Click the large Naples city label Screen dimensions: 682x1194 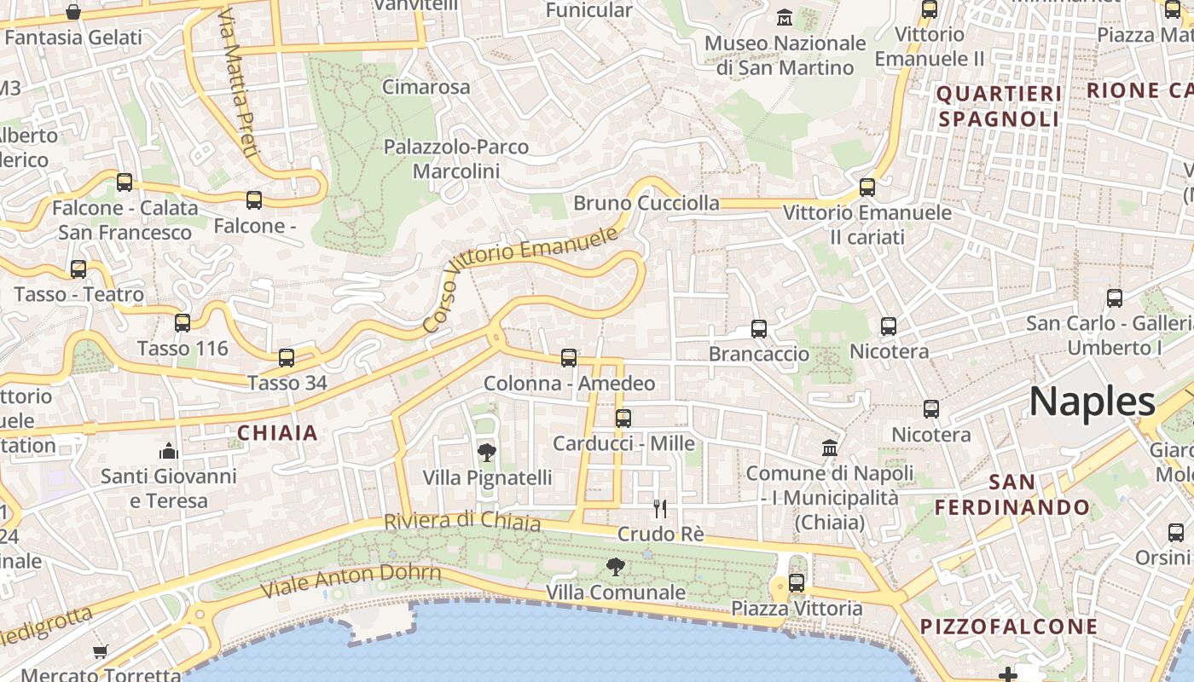(1092, 402)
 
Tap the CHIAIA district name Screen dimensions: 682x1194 (277, 433)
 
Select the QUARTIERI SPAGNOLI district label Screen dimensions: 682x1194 (999, 106)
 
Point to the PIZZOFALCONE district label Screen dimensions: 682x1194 (1009, 627)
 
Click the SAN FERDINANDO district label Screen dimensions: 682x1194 (1012, 494)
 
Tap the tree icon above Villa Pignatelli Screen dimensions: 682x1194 (487, 452)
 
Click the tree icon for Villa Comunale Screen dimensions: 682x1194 (615, 566)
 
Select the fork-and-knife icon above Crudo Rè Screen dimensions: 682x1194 (659, 509)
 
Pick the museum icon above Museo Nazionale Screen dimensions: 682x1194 (785, 17)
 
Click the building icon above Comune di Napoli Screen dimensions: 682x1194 (829, 448)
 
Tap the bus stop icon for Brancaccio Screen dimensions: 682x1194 (759, 328)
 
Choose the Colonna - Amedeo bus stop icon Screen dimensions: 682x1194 (569, 358)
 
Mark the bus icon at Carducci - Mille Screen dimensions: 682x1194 (623, 418)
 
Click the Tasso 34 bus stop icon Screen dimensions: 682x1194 (287, 358)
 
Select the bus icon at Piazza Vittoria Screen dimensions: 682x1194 (797, 583)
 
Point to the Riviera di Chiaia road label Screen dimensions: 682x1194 (462, 520)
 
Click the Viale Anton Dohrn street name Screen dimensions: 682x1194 (351, 580)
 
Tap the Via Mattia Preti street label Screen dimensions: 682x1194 (237, 84)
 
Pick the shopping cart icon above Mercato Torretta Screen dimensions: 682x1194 (101, 651)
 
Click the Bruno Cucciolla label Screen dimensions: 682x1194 (646, 203)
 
